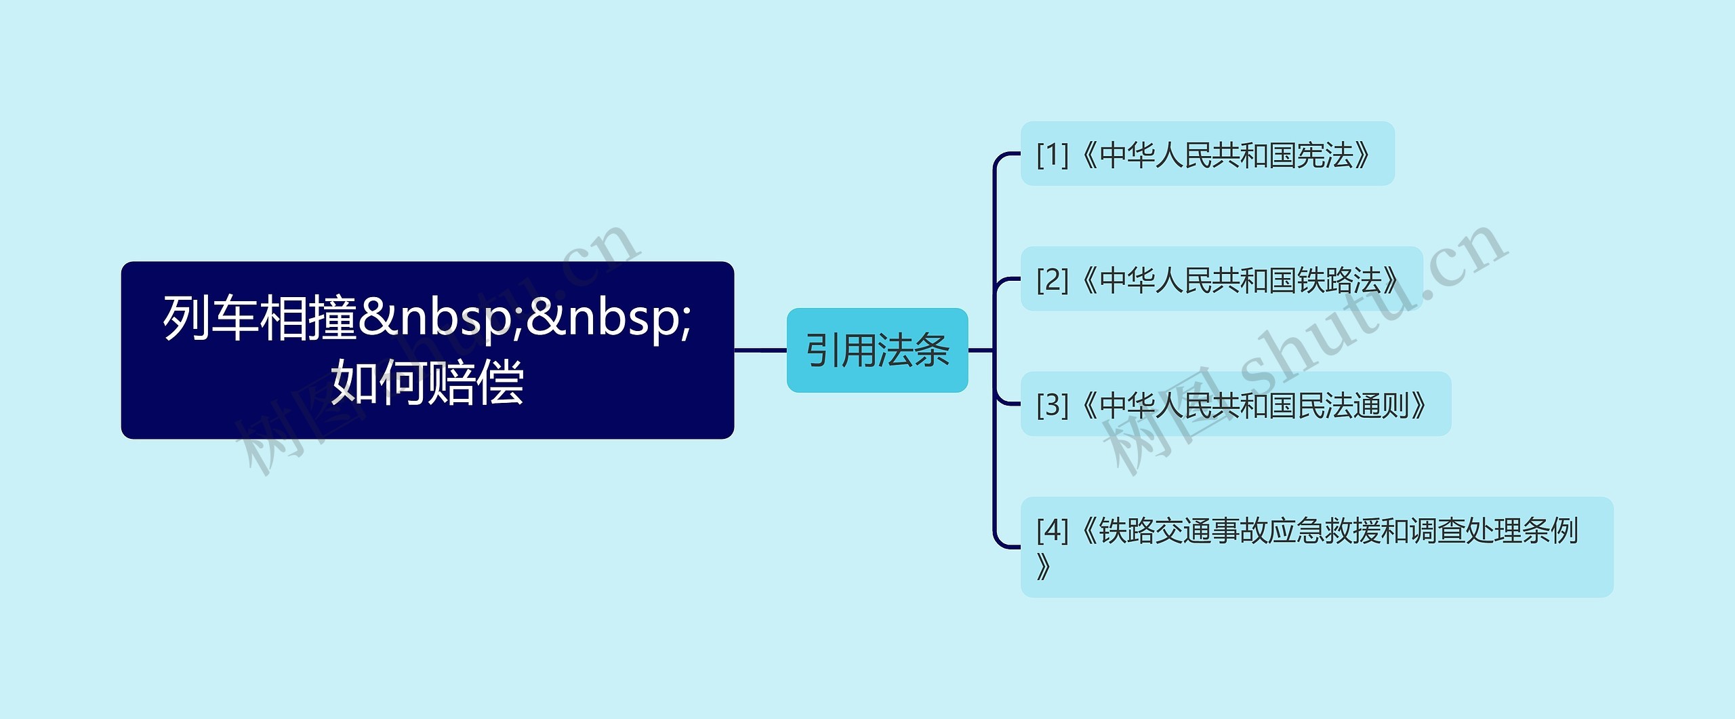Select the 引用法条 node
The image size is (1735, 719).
click(x=877, y=350)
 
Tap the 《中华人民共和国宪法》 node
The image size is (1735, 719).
click(x=1207, y=154)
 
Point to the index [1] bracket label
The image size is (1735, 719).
click(x=1052, y=155)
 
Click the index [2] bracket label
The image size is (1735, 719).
click(x=1052, y=279)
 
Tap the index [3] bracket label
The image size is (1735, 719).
click(x=1052, y=405)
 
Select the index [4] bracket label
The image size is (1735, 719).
click(x=1052, y=530)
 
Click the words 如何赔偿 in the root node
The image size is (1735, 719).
click(x=427, y=383)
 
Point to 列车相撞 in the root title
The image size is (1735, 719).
click(x=260, y=317)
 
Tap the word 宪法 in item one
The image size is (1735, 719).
click(x=1324, y=155)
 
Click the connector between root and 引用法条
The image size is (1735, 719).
click(x=760, y=351)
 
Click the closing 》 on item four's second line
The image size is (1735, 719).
click(x=1044, y=566)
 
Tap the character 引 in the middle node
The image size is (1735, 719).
click(x=823, y=351)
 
